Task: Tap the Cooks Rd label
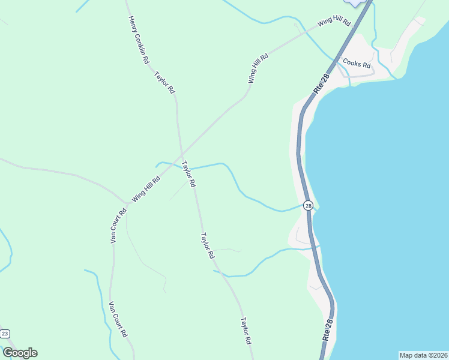click(357, 62)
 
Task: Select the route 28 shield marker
click(308, 206)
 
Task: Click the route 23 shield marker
click(5, 334)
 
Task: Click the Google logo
click(20, 353)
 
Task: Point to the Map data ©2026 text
click(423, 355)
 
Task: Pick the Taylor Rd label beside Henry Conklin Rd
click(164, 83)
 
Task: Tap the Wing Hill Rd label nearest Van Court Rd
click(146, 188)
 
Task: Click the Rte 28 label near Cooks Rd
click(322, 83)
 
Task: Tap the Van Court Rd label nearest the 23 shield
click(118, 319)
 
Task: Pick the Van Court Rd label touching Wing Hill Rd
click(118, 225)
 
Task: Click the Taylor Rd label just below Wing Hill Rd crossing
click(189, 174)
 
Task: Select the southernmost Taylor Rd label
click(246, 331)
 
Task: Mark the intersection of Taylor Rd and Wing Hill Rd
click(181, 153)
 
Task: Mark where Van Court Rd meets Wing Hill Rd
click(125, 202)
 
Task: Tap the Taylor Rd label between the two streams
click(207, 245)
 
